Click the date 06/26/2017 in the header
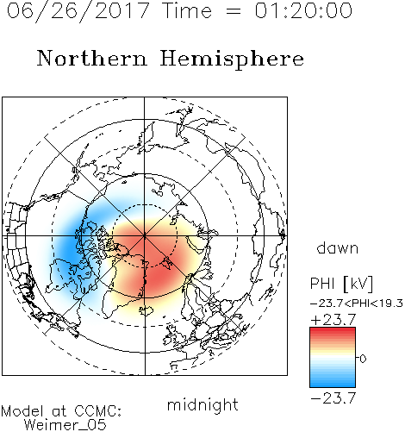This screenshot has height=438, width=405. tap(78, 11)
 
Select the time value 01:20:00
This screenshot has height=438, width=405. tap(303, 10)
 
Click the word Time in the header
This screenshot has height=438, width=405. tap(187, 10)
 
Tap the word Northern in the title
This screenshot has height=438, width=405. tap(92, 59)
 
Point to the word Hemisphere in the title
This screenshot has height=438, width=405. tap(232, 59)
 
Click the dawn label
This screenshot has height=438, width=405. tap(338, 247)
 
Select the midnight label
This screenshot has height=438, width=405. tap(202, 405)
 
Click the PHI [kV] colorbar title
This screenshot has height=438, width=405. tap(341, 284)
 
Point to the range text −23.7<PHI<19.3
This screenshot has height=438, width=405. tap(357, 303)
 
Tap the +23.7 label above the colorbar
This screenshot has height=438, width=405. tap(333, 320)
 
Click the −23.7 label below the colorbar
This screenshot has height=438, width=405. tap(333, 398)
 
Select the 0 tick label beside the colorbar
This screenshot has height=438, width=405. tap(363, 359)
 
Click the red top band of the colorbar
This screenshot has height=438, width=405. tap(333, 331)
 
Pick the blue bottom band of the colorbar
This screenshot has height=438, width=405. tap(333, 383)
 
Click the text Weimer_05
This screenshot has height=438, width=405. tap(65, 425)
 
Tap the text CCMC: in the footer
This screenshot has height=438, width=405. tap(97, 411)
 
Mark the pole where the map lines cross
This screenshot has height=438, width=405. tap(145, 236)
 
